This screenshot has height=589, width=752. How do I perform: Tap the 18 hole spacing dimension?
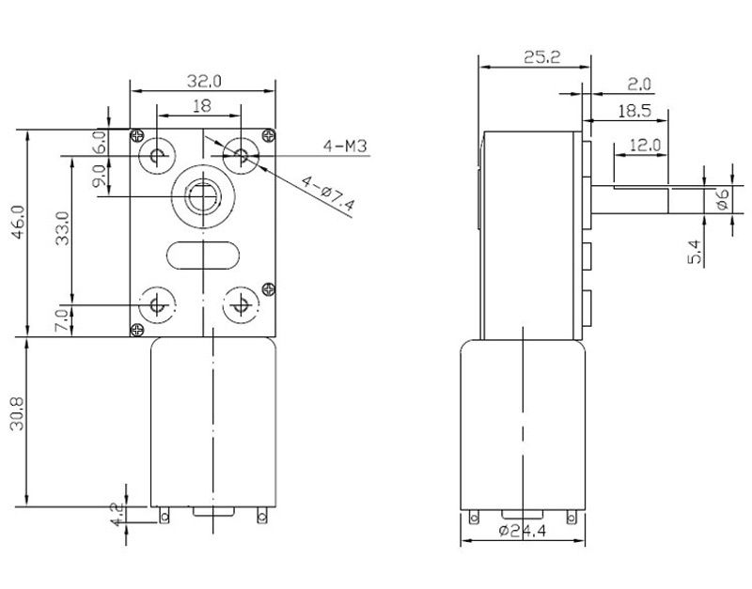click(201, 107)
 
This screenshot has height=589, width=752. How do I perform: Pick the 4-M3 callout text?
click(345, 146)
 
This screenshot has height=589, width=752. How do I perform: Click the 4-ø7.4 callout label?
click(328, 192)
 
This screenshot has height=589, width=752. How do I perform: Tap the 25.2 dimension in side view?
click(537, 56)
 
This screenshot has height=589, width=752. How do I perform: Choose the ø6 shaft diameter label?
click(722, 198)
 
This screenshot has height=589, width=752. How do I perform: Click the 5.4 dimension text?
click(695, 251)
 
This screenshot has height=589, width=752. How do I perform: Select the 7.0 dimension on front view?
click(62, 319)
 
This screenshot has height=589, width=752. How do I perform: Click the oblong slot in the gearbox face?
click(202, 253)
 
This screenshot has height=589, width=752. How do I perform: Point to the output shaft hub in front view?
click(202, 196)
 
